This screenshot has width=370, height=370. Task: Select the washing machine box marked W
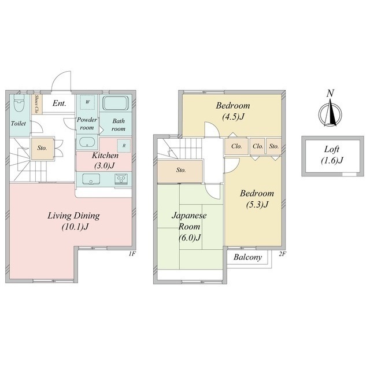pos(87,102)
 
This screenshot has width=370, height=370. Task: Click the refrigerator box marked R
pos(124,146)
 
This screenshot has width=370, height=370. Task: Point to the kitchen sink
pos(91,179)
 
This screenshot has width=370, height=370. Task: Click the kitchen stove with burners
pos(121,179)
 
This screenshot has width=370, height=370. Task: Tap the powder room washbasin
pos(87,142)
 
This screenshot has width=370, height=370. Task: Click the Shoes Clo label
pos(36,104)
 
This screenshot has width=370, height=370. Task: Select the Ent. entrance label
pos(59,103)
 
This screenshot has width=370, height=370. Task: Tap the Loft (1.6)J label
pos(332,155)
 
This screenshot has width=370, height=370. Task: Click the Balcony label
pos(248,257)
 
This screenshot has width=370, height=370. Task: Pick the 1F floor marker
pos(132,254)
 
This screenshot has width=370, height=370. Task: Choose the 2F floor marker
pos(283,254)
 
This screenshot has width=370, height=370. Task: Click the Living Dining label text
pos(73,216)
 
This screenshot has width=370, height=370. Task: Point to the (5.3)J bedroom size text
pos(257,204)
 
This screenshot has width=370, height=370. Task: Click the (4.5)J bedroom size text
pos(233,117)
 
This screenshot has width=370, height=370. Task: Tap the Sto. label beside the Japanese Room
pos(181,170)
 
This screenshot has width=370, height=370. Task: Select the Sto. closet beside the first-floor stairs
pos(42,149)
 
